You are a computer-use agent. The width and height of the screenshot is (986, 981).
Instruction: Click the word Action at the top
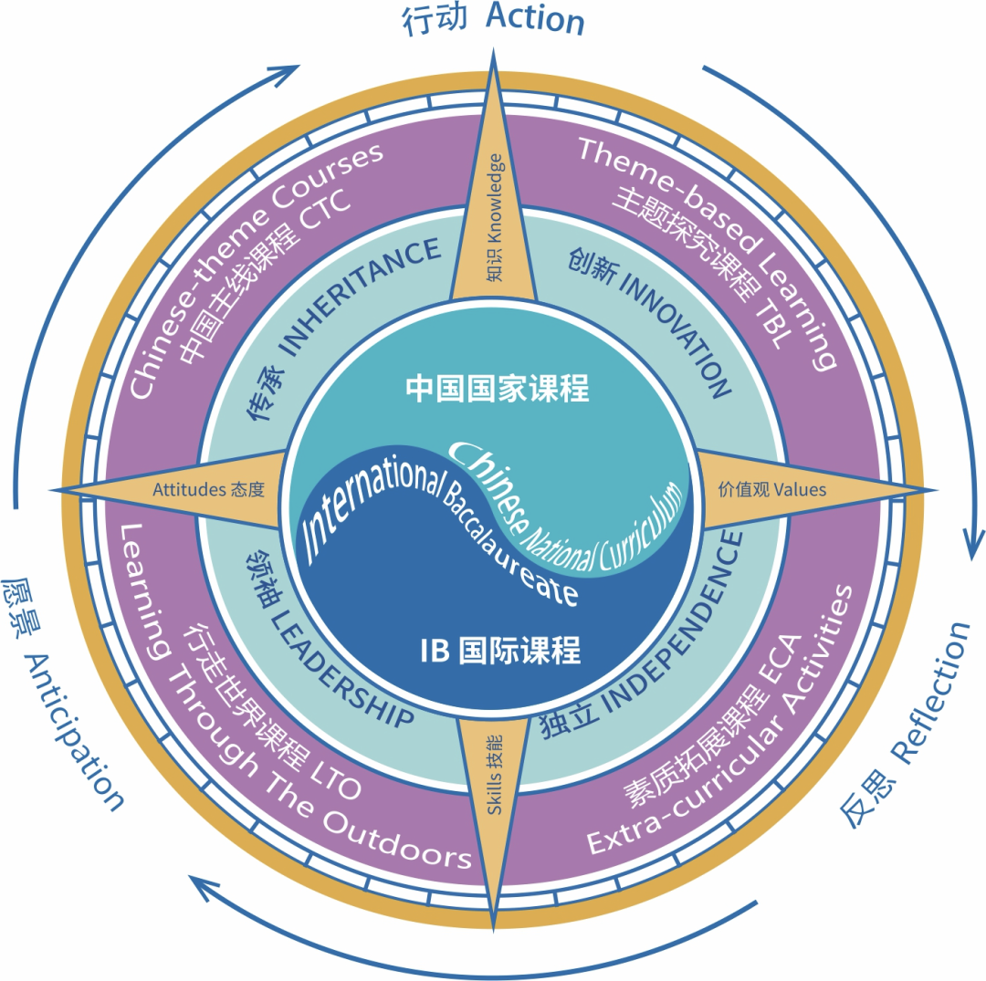tap(535, 19)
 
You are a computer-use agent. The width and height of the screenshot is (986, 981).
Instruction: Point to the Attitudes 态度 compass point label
tap(208, 489)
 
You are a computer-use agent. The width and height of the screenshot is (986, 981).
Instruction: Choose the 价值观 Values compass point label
tap(771, 489)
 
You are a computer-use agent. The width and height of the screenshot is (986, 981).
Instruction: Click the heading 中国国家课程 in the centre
tap(498, 389)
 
